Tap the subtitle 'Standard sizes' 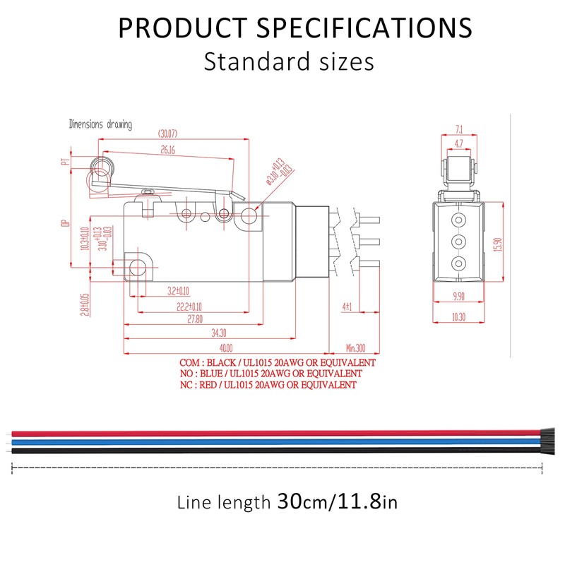coord(288,61)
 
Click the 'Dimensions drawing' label coord(100,125)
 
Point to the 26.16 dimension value coord(168,150)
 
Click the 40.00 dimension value coord(225,348)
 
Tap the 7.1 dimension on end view coord(459,129)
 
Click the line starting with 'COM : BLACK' coord(278,362)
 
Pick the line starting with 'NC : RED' coord(268,385)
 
